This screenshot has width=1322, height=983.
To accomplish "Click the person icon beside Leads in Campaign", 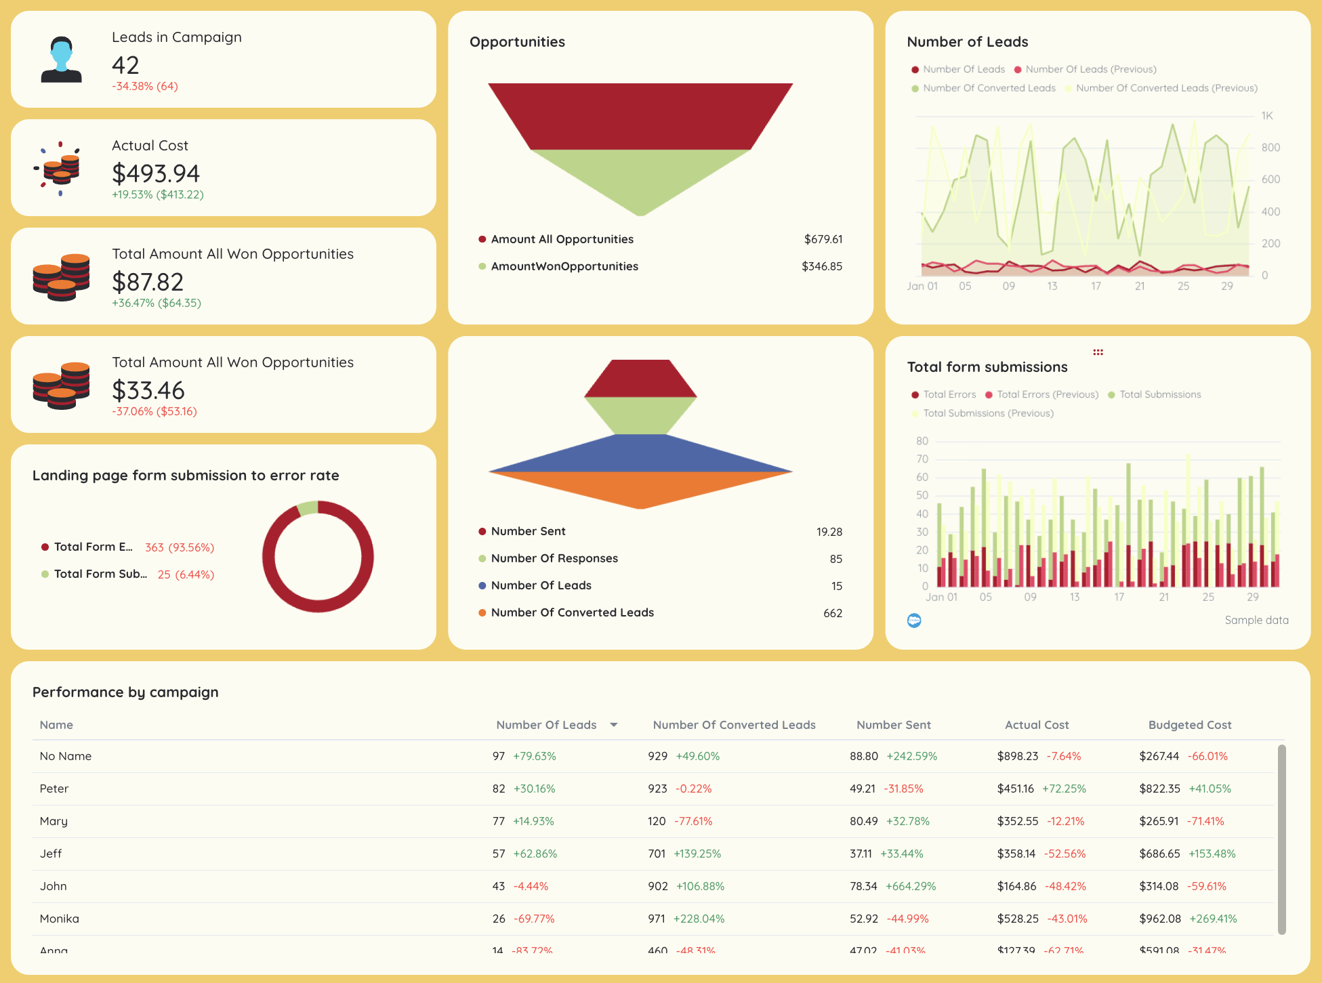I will click(x=61, y=60).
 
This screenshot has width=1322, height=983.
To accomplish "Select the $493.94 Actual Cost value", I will click(x=156, y=173).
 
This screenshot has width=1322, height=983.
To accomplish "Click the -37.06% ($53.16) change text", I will click(x=154, y=411).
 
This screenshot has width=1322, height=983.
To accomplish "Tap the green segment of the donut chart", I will click(x=308, y=507).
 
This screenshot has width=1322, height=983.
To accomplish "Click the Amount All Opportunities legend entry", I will click(x=562, y=239).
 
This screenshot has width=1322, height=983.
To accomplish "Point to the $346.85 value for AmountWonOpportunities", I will click(x=821, y=266).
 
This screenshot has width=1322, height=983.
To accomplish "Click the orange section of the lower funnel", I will click(x=640, y=490).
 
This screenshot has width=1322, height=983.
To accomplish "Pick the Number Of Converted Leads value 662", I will click(x=832, y=613).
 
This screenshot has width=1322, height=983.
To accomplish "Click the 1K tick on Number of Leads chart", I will click(x=1266, y=116).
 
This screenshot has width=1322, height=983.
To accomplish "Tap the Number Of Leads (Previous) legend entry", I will click(x=1090, y=69).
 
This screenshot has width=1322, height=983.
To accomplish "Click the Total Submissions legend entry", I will click(x=1159, y=394).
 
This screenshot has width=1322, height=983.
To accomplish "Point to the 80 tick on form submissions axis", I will click(x=922, y=441).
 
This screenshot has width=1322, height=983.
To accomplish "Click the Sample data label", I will click(x=1256, y=620).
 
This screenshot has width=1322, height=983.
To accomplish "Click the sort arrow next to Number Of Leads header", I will click(x=614, y=725).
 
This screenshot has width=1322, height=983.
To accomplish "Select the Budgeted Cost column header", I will click(x=1189, y=725).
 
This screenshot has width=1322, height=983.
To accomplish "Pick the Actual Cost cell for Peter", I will click(x=1015, y=789).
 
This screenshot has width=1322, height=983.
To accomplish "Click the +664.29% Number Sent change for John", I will click(x=910, y=886).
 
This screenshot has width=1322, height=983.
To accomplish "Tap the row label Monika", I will click(x=60, y=919).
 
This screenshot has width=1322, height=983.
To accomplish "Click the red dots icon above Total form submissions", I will click(x=1098, y=352).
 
